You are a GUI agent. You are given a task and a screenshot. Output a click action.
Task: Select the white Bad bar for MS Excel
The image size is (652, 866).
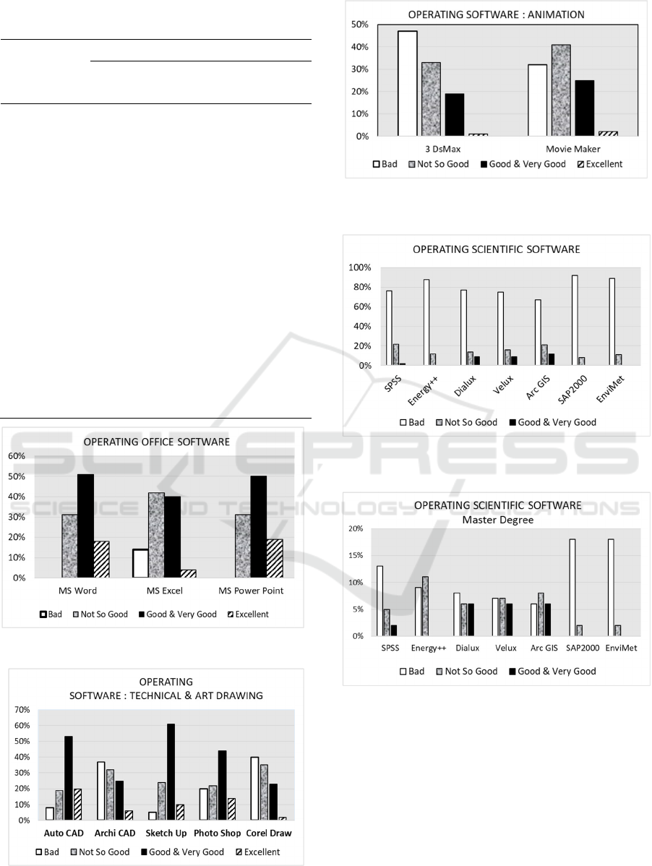pos(140,563)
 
